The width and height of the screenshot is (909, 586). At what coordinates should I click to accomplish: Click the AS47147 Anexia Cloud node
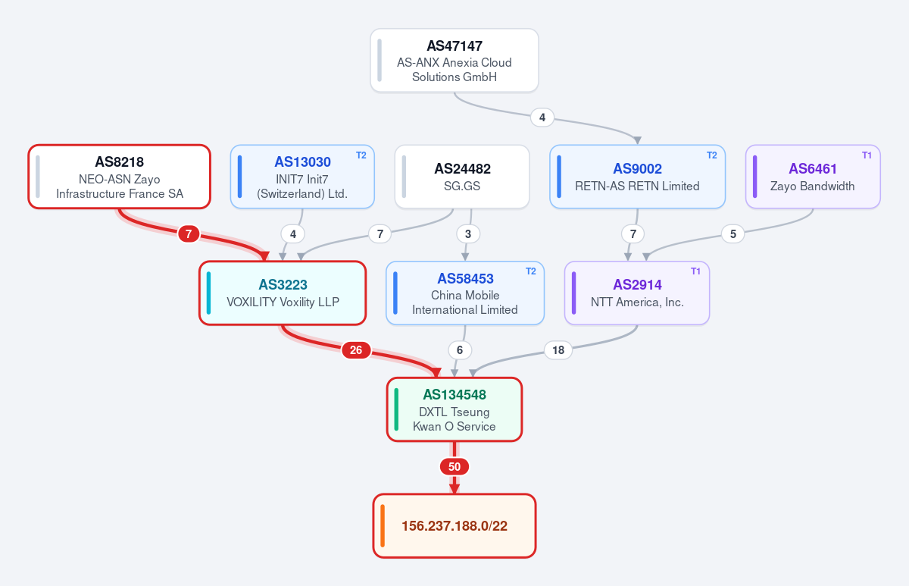pos(454,61)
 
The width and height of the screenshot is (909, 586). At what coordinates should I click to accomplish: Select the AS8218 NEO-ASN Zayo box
pos(120,177)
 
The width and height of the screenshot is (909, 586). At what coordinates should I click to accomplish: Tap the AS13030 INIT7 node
pos(302,177)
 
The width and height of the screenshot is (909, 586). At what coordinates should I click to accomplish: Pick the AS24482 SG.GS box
pos(462,177)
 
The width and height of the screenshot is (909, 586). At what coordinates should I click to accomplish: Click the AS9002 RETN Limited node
pos(638,177)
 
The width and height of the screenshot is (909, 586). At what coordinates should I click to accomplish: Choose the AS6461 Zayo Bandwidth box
pos(813,177)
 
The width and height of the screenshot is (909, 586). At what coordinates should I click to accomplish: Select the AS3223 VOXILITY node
pos(283,293)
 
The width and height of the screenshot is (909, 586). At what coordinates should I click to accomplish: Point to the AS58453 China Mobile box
pos(465,293)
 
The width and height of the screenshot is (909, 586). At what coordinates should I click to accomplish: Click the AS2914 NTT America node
pos(637,293)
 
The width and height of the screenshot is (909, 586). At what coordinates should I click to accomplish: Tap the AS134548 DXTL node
pos(454,409)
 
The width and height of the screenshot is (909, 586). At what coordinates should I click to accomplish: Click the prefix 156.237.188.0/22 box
pos(454,526)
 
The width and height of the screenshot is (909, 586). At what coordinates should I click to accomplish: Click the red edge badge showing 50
pos(454,467)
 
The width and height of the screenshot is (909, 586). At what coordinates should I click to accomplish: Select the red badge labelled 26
pos(356,350)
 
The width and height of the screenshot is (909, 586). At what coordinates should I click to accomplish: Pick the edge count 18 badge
pos(558,350)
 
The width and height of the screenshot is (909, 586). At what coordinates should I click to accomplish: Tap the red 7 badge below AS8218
pos(189,234)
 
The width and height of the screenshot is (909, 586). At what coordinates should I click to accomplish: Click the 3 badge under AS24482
pos(468,234)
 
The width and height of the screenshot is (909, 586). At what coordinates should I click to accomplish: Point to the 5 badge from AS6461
pos(733,234)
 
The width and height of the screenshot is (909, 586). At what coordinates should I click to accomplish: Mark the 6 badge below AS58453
pos(460,350)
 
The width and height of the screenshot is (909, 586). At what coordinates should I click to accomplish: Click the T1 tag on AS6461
pos(867,155)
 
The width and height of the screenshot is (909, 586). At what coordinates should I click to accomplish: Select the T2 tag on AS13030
pos(361,155)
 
